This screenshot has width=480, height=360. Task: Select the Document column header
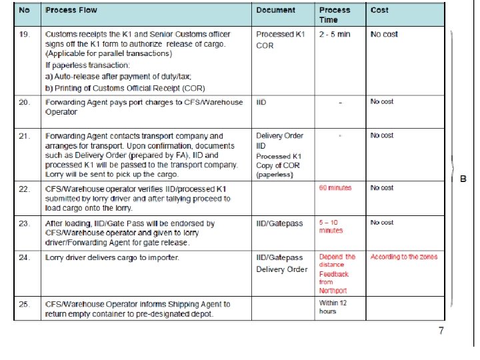click(276, 10)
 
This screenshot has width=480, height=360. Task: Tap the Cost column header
click(379, 10)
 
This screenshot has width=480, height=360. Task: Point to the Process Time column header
click(335, 15)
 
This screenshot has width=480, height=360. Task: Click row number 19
click(24, 34)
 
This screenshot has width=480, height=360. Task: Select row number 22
click(24, 189)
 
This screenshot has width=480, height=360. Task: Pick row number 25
click(24, 304)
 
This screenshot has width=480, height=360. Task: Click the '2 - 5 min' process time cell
click(335, 34)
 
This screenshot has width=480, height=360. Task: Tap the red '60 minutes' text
click(335, 188)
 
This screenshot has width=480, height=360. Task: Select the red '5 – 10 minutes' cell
click(332, 227)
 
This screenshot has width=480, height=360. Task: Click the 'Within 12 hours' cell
click(333, 307)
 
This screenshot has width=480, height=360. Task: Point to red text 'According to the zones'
click(404, 257)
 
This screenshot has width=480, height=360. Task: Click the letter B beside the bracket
click(463, 178)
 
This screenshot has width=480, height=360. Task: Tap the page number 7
click(441, 331)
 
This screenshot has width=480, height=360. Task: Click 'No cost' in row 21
click(382, 135)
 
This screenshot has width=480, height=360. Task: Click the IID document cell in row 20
click(261, 101)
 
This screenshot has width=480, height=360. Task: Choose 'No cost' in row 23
click(382, 223)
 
